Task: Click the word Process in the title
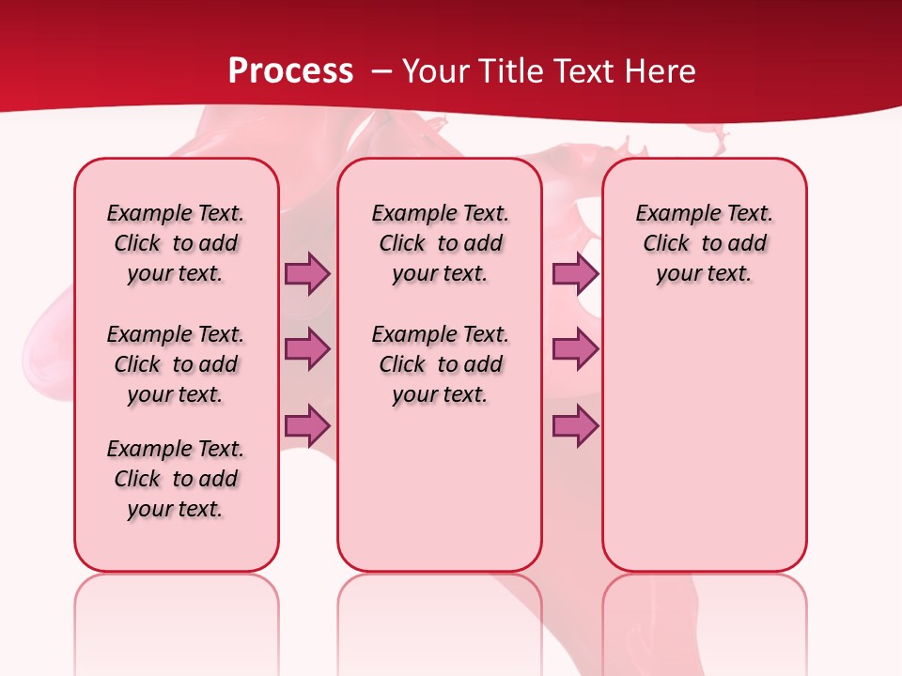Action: pos(290,71)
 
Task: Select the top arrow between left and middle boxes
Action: pos(307,273)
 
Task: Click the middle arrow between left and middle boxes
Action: pos(307,349)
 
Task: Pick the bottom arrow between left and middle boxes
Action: pos(307,426)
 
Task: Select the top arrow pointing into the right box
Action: pos(575,273)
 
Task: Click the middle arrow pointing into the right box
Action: pos(575,349)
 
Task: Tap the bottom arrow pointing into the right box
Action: pos(575,426)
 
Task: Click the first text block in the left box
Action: pos(176,243)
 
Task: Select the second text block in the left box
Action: pos(176,364)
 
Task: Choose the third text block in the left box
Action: pos(176,479)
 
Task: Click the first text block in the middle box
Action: pos(440,243)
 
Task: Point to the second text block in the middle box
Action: pos(440,364)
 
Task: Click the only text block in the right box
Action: pos(704,243)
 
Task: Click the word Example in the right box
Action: pos(669,214)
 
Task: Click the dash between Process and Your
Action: pos(381,71)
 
